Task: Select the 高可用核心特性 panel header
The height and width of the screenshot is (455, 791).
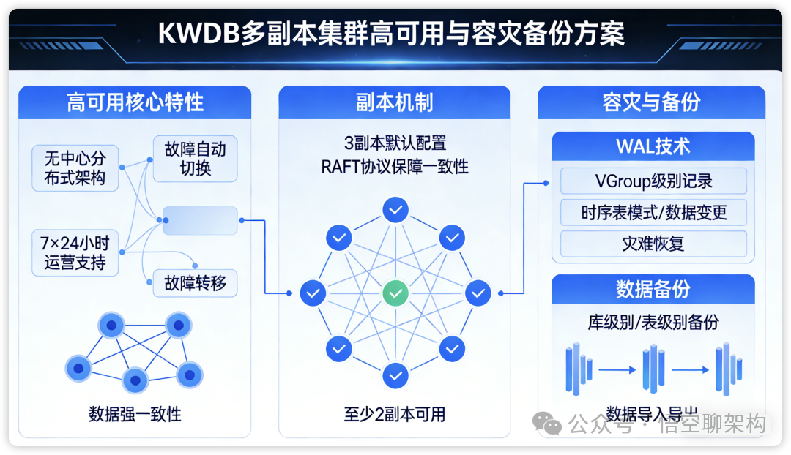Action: tap(135, 102)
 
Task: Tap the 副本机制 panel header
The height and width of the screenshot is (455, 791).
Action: tap(394, 102)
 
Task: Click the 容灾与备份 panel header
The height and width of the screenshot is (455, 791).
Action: tap(651, 102)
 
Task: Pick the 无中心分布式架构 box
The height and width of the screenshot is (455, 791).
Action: tap(75, 168)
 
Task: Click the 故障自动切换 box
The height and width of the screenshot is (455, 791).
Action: tap(195, 159)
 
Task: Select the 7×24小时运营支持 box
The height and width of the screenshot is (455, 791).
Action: tap(75, 252)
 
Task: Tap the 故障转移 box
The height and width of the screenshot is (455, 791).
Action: tap(195, 283)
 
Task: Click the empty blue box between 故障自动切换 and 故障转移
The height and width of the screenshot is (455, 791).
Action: tap(200, 220)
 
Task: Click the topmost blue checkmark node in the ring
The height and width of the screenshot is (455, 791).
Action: tap(395, 211)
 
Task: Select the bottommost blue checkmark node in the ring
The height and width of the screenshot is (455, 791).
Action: tap(395, 375)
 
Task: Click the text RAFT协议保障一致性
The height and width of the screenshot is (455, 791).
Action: tap(394, 167)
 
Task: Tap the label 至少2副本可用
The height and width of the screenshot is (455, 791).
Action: tap(394, 414)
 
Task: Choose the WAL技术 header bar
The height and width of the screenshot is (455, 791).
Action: tap(653, 146)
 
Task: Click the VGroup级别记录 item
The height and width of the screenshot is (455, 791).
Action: tap(653, 181)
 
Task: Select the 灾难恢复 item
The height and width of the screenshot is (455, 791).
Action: tap(653, 244)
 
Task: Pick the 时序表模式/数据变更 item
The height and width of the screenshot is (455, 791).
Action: tap(653, 212)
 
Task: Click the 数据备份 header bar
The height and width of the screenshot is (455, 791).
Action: tap(653, 289)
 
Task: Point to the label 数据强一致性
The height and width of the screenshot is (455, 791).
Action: tap(135, 414)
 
